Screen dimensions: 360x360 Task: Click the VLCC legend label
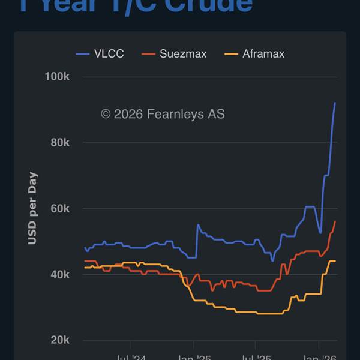coord(109,53)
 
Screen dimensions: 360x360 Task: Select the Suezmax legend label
coord(183,53)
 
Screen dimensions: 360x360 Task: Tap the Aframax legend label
coord(263,53)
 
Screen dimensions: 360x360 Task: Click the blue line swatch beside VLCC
coord(83,53)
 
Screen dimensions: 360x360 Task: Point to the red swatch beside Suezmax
coord(149,53)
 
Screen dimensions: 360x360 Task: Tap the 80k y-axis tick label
coord(59,143)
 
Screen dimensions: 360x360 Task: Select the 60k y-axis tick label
coord(59,209)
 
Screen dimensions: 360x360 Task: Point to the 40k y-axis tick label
coord(59,275)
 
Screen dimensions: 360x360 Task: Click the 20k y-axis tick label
coord(59,340)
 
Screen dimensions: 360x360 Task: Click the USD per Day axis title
coord(32,208)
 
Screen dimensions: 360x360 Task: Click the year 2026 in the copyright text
coord(127,114)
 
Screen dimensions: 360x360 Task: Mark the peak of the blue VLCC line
coord(335,103)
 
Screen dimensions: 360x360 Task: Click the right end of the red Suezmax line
coord(335,221)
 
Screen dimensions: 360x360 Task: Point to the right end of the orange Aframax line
coord(335,261)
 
